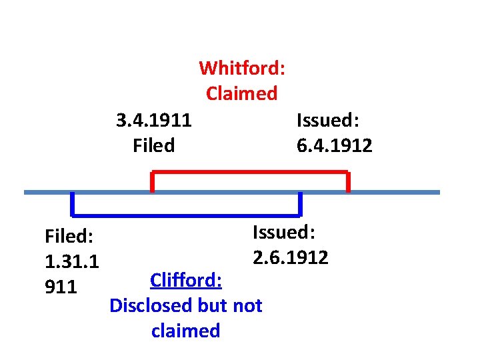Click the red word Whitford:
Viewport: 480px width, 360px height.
coord(242,68)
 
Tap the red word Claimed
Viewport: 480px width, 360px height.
coord(241,93)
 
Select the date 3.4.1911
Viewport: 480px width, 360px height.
coord(154,120)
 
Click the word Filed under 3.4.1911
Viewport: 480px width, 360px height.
coord(154,145)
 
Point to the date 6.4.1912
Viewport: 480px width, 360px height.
coord(335,145)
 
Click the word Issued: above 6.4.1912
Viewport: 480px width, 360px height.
coord(328,120)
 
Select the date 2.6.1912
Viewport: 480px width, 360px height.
coord(291,257)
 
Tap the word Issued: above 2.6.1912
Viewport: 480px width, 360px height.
coord(284,232)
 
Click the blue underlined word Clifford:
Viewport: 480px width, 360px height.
coord(186,280)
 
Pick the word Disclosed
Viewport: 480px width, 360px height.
coord(151,305)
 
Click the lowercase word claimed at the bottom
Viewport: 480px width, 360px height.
coord(186,331)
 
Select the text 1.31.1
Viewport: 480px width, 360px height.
coord(71,261)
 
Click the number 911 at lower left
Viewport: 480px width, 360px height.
coord(61,287)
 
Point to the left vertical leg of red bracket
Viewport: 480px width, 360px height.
coord(153,182)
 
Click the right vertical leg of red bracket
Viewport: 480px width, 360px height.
coord(348,182)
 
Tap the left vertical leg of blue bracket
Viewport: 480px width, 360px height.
coord(73,203)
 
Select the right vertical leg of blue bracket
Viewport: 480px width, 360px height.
coord(300,203)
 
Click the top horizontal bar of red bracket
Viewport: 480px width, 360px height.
coord(250,173)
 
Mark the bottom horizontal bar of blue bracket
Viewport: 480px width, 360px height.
coord(187,215)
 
